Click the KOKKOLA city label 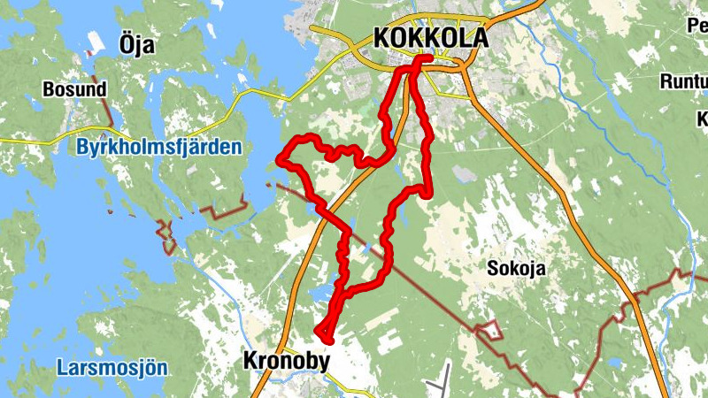(431, 38)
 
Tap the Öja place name (136, 43)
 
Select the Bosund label (74, 89)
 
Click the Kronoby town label (285, 361)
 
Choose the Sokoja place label (515, 269)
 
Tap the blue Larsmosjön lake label (111, 367)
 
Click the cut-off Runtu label (683, 82)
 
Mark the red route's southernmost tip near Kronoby (326, 338)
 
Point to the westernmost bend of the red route (281, 159)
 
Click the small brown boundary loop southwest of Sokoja (489, 333)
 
